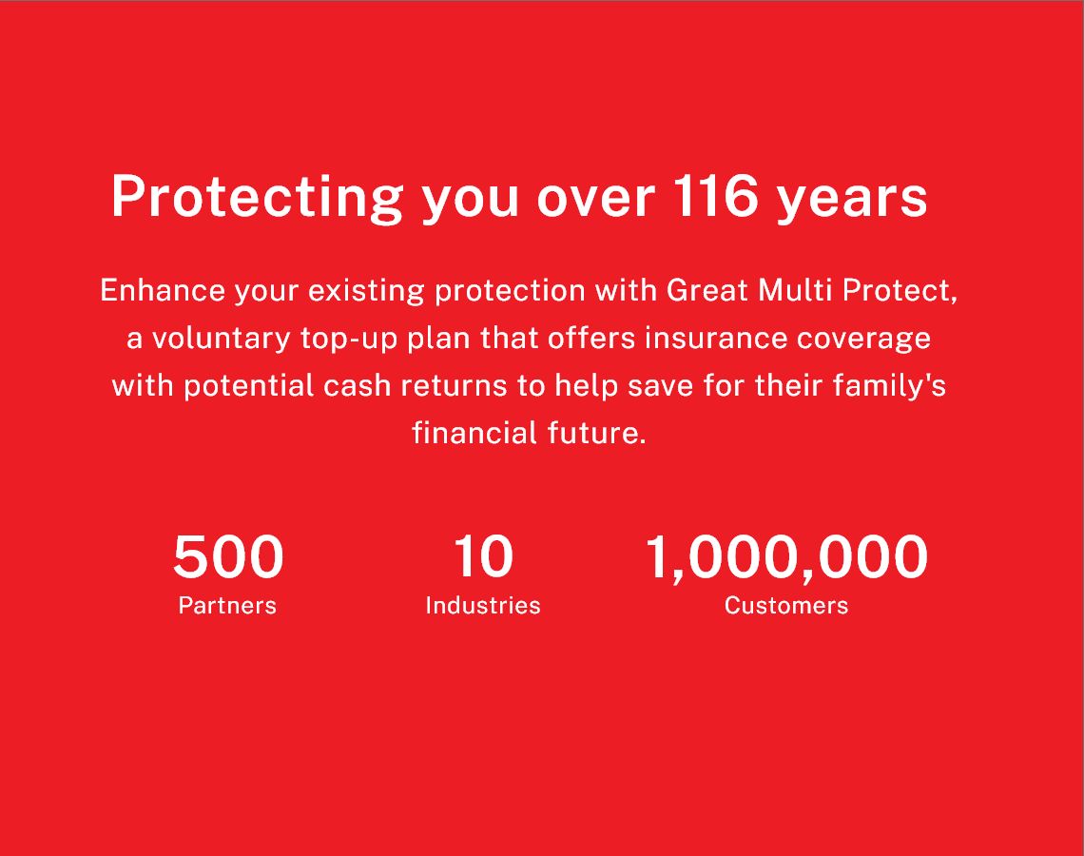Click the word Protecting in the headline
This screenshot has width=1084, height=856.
click(x=257, y=198)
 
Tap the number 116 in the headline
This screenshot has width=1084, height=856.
click(x=715, y=196)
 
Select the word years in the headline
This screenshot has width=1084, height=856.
click(x=852, y=201)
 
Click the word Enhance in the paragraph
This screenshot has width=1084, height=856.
click(x=163, y=290)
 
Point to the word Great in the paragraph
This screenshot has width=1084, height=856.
click(x=707, y=290)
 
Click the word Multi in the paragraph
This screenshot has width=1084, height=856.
click(x=795, y=290)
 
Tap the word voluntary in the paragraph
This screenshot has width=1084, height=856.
click(x=222, y=340)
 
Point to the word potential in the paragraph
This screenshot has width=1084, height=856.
click(x=249, y=386)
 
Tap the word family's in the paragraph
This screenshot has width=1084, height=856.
click(x=889, y=386)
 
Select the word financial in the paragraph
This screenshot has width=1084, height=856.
click(x=474, y=433)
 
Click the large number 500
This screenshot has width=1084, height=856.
click(x=228, y=556)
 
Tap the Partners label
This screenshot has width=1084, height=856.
click(x=227, y=606)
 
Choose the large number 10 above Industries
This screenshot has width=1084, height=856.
click(x=483, y=556)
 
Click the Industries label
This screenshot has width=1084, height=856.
click(x=482, y=605)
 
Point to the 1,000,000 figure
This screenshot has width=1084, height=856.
click(x=786, y=558)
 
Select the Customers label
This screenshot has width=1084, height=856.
click(x=786, y=606)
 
